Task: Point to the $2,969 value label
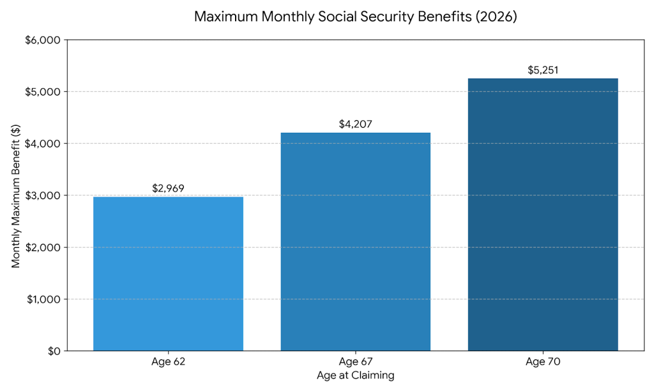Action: [168, 188]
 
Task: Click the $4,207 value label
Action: [355, 124]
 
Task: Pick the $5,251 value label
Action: [543, 70]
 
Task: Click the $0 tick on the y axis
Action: [53, 351]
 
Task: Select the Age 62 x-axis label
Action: [168, 362]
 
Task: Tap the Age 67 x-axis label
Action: [355, 362]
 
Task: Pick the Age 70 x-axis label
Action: [543, 362]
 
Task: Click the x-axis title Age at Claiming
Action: [355, 375]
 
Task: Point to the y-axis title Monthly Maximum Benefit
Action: [16, 195]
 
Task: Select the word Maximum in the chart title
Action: [222, 17]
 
